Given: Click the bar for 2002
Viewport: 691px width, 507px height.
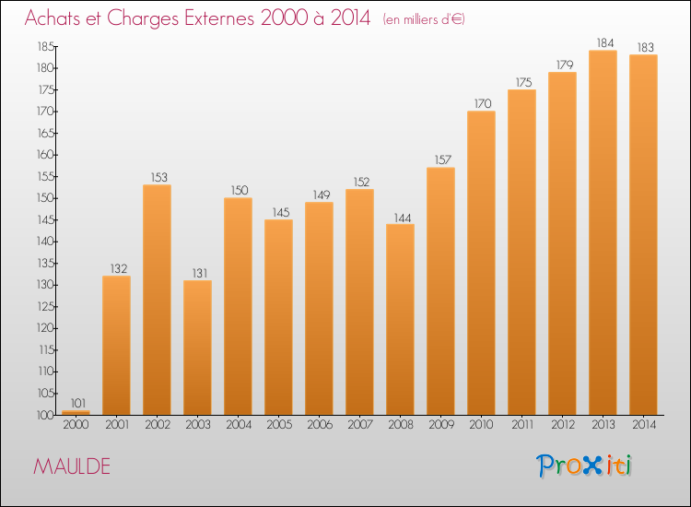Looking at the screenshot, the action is pos(157,300).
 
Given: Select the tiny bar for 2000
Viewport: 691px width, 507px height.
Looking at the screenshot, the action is pos(76,413).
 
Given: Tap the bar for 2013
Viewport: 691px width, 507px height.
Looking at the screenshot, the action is pos(603,233).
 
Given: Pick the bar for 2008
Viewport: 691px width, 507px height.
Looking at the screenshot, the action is pos(400,320).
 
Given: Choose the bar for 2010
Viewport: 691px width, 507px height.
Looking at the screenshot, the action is pos(481,264).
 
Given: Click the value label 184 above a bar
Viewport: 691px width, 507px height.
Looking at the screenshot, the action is pos(605,42).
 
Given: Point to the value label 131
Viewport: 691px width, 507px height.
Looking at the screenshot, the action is pos(200,274).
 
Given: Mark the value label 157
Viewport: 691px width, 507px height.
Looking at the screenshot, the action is pos(443,160).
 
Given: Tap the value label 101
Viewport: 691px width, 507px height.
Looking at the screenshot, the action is pos(78,403).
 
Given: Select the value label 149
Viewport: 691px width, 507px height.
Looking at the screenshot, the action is pos(322,195).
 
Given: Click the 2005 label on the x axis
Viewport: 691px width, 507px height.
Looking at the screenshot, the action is pos(279,425).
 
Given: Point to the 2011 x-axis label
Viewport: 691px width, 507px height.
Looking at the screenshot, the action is pos(522,425).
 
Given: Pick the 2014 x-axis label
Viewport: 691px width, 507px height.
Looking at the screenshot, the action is pos(644,425).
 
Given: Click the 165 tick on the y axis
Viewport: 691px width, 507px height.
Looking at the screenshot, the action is pos(45,133).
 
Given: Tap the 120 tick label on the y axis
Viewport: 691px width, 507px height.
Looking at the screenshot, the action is pos(45,328).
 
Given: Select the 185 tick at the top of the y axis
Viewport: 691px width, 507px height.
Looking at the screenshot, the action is pos(45,46).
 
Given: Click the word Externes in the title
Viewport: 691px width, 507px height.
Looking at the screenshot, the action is pos(219,18).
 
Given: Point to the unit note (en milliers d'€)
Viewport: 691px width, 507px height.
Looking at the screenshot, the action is pos(424,19).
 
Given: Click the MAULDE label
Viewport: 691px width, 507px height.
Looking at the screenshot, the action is pos(72,466).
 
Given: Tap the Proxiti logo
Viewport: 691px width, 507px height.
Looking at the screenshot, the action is pos(584,466).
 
